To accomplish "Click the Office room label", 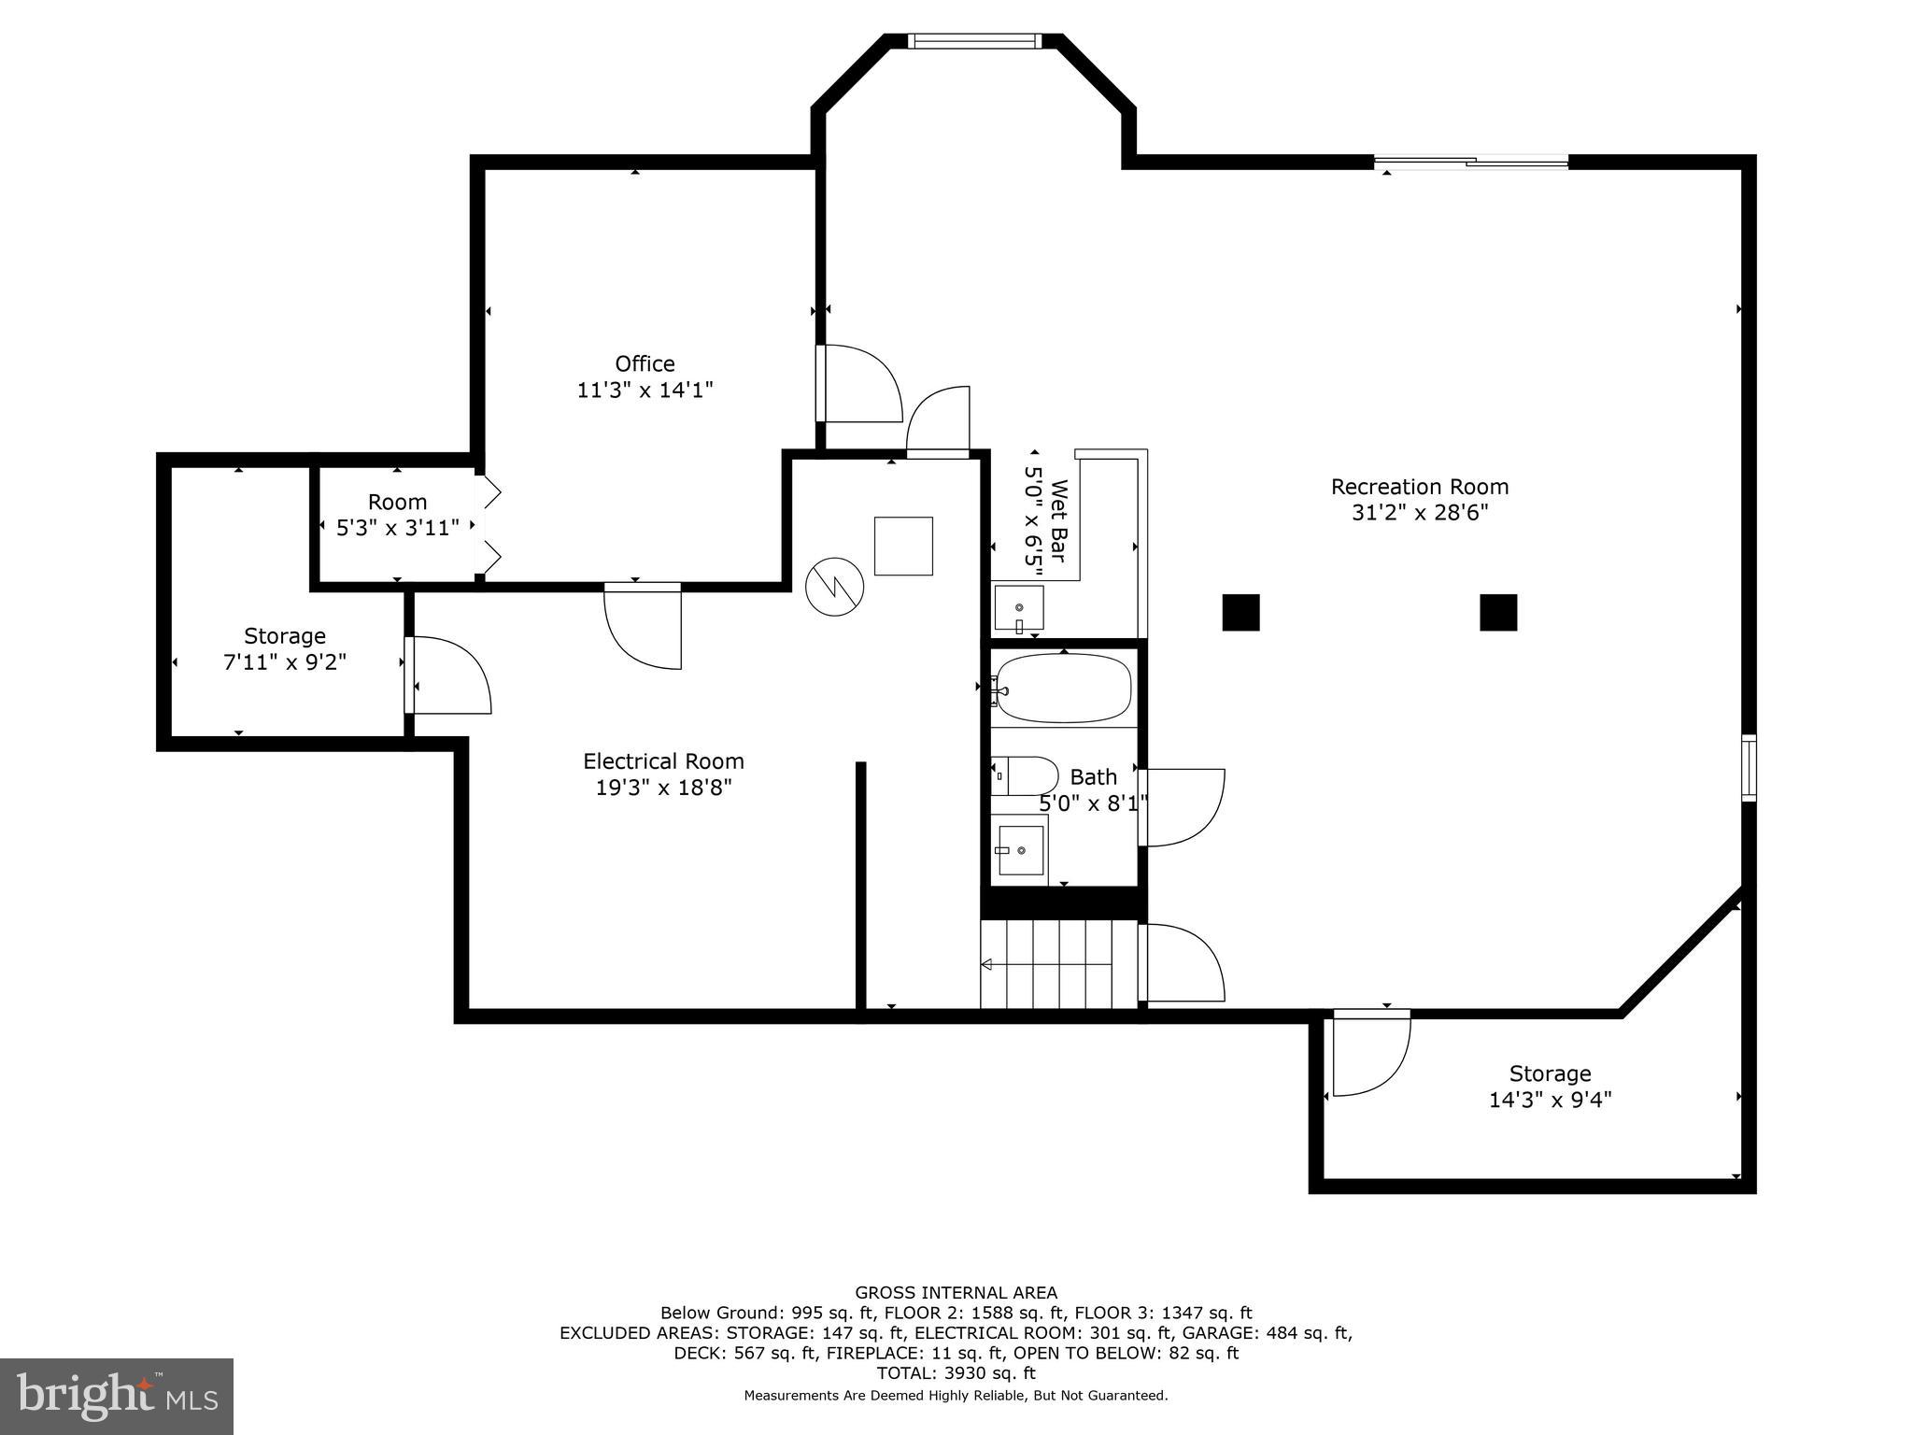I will coord(645,363).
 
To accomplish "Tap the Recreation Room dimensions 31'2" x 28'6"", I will coord(1419,513).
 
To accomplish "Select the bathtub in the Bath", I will coord(1063,689).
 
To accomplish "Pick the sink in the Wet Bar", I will coord(1018,609).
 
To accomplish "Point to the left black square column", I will coord(1240,613).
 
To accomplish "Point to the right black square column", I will coord(1497,613).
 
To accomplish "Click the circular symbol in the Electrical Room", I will coord(834,587).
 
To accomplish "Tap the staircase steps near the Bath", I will coord(1057,964).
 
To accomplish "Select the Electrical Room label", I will coord(663,761).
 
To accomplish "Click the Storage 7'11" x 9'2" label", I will coord(285,649).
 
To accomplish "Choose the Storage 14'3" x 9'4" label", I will coord(1550,1087).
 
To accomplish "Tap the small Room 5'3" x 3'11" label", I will coord(397,515).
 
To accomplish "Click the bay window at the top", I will coord(974,41).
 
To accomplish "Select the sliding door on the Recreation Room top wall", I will coord(1471,163).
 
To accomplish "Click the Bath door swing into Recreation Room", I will coord(1183,807).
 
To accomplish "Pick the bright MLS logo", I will coord(117,1396).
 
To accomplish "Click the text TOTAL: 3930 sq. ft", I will coord(956,1373).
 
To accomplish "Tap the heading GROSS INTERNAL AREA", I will coord(956,1293).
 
